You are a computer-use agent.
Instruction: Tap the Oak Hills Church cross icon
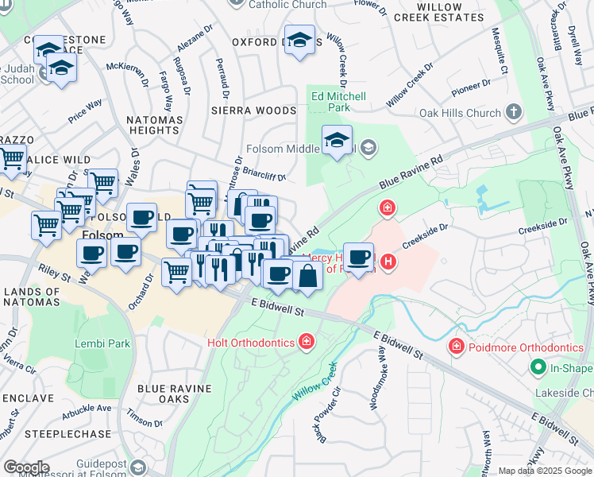513,113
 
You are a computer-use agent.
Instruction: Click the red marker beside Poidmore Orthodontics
456,347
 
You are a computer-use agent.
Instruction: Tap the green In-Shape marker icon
538,367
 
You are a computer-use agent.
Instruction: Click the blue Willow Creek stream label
314,382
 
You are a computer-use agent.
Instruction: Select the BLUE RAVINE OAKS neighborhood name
175,394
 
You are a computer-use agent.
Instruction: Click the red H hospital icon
388,261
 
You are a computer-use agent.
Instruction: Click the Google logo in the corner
25,467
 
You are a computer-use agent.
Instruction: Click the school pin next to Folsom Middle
337,141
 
